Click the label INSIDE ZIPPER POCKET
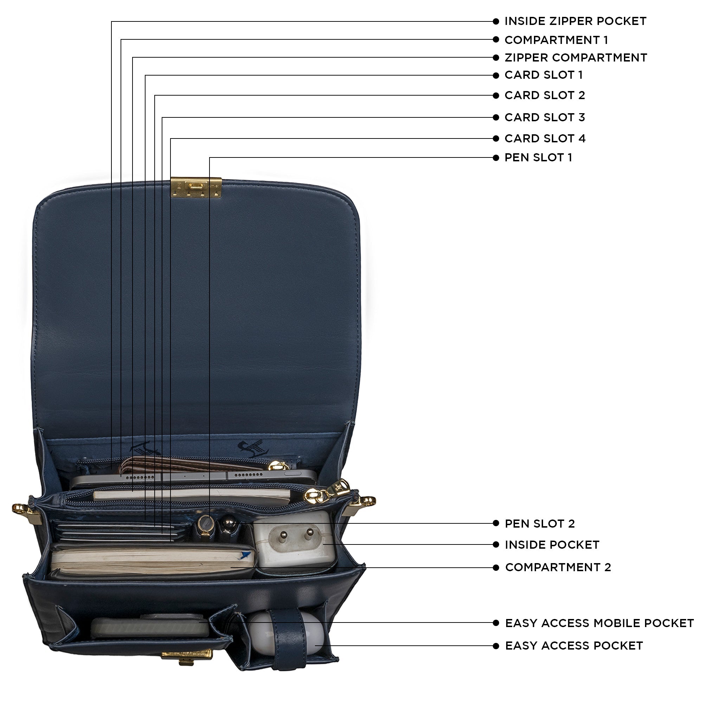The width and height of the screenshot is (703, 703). point(575,21)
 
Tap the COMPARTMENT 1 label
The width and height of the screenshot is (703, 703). point(556,40)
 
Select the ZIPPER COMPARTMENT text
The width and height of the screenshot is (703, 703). point(576,58)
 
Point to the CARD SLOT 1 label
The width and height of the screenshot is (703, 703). point(544,75)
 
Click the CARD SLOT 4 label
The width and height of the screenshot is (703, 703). point(545,138)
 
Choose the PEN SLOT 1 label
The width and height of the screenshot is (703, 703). point(538,158)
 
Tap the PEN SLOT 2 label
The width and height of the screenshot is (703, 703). point(540,524)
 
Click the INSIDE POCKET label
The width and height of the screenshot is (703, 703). point(552,545)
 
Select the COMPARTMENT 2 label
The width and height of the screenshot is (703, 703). point(558,568)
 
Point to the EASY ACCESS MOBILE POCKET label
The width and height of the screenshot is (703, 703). point(599,623)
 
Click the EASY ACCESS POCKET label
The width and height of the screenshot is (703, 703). point(574,646)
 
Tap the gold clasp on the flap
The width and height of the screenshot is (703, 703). point(196,187)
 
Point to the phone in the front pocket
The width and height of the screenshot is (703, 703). point(149,628)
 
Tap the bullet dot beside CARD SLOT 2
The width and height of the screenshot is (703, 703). point(496,96)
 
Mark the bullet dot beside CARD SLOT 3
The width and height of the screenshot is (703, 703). point(496,117)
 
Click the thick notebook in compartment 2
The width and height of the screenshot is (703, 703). point(153,562)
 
